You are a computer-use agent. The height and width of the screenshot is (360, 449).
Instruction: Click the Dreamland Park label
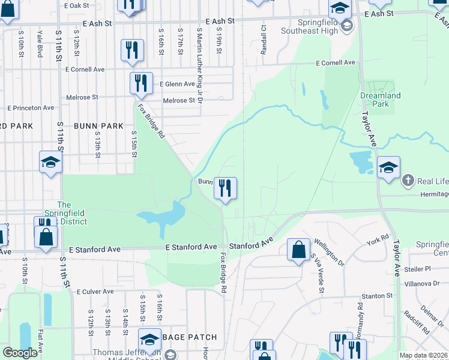point(380,100)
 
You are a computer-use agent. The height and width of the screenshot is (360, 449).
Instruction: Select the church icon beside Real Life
point(408,180)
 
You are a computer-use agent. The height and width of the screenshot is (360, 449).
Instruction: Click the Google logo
point(20,353)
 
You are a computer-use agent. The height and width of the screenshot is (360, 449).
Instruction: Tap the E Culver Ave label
point(95,292)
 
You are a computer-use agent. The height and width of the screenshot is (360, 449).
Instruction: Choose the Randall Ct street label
point(264,40)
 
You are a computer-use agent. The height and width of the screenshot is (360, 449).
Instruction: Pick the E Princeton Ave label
point(31,108)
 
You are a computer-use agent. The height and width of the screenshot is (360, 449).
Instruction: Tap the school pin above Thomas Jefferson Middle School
point(150,339)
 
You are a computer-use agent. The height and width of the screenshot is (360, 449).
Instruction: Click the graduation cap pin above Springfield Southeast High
point(339,8)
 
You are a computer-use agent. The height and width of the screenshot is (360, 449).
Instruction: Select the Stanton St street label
point(376,296)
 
